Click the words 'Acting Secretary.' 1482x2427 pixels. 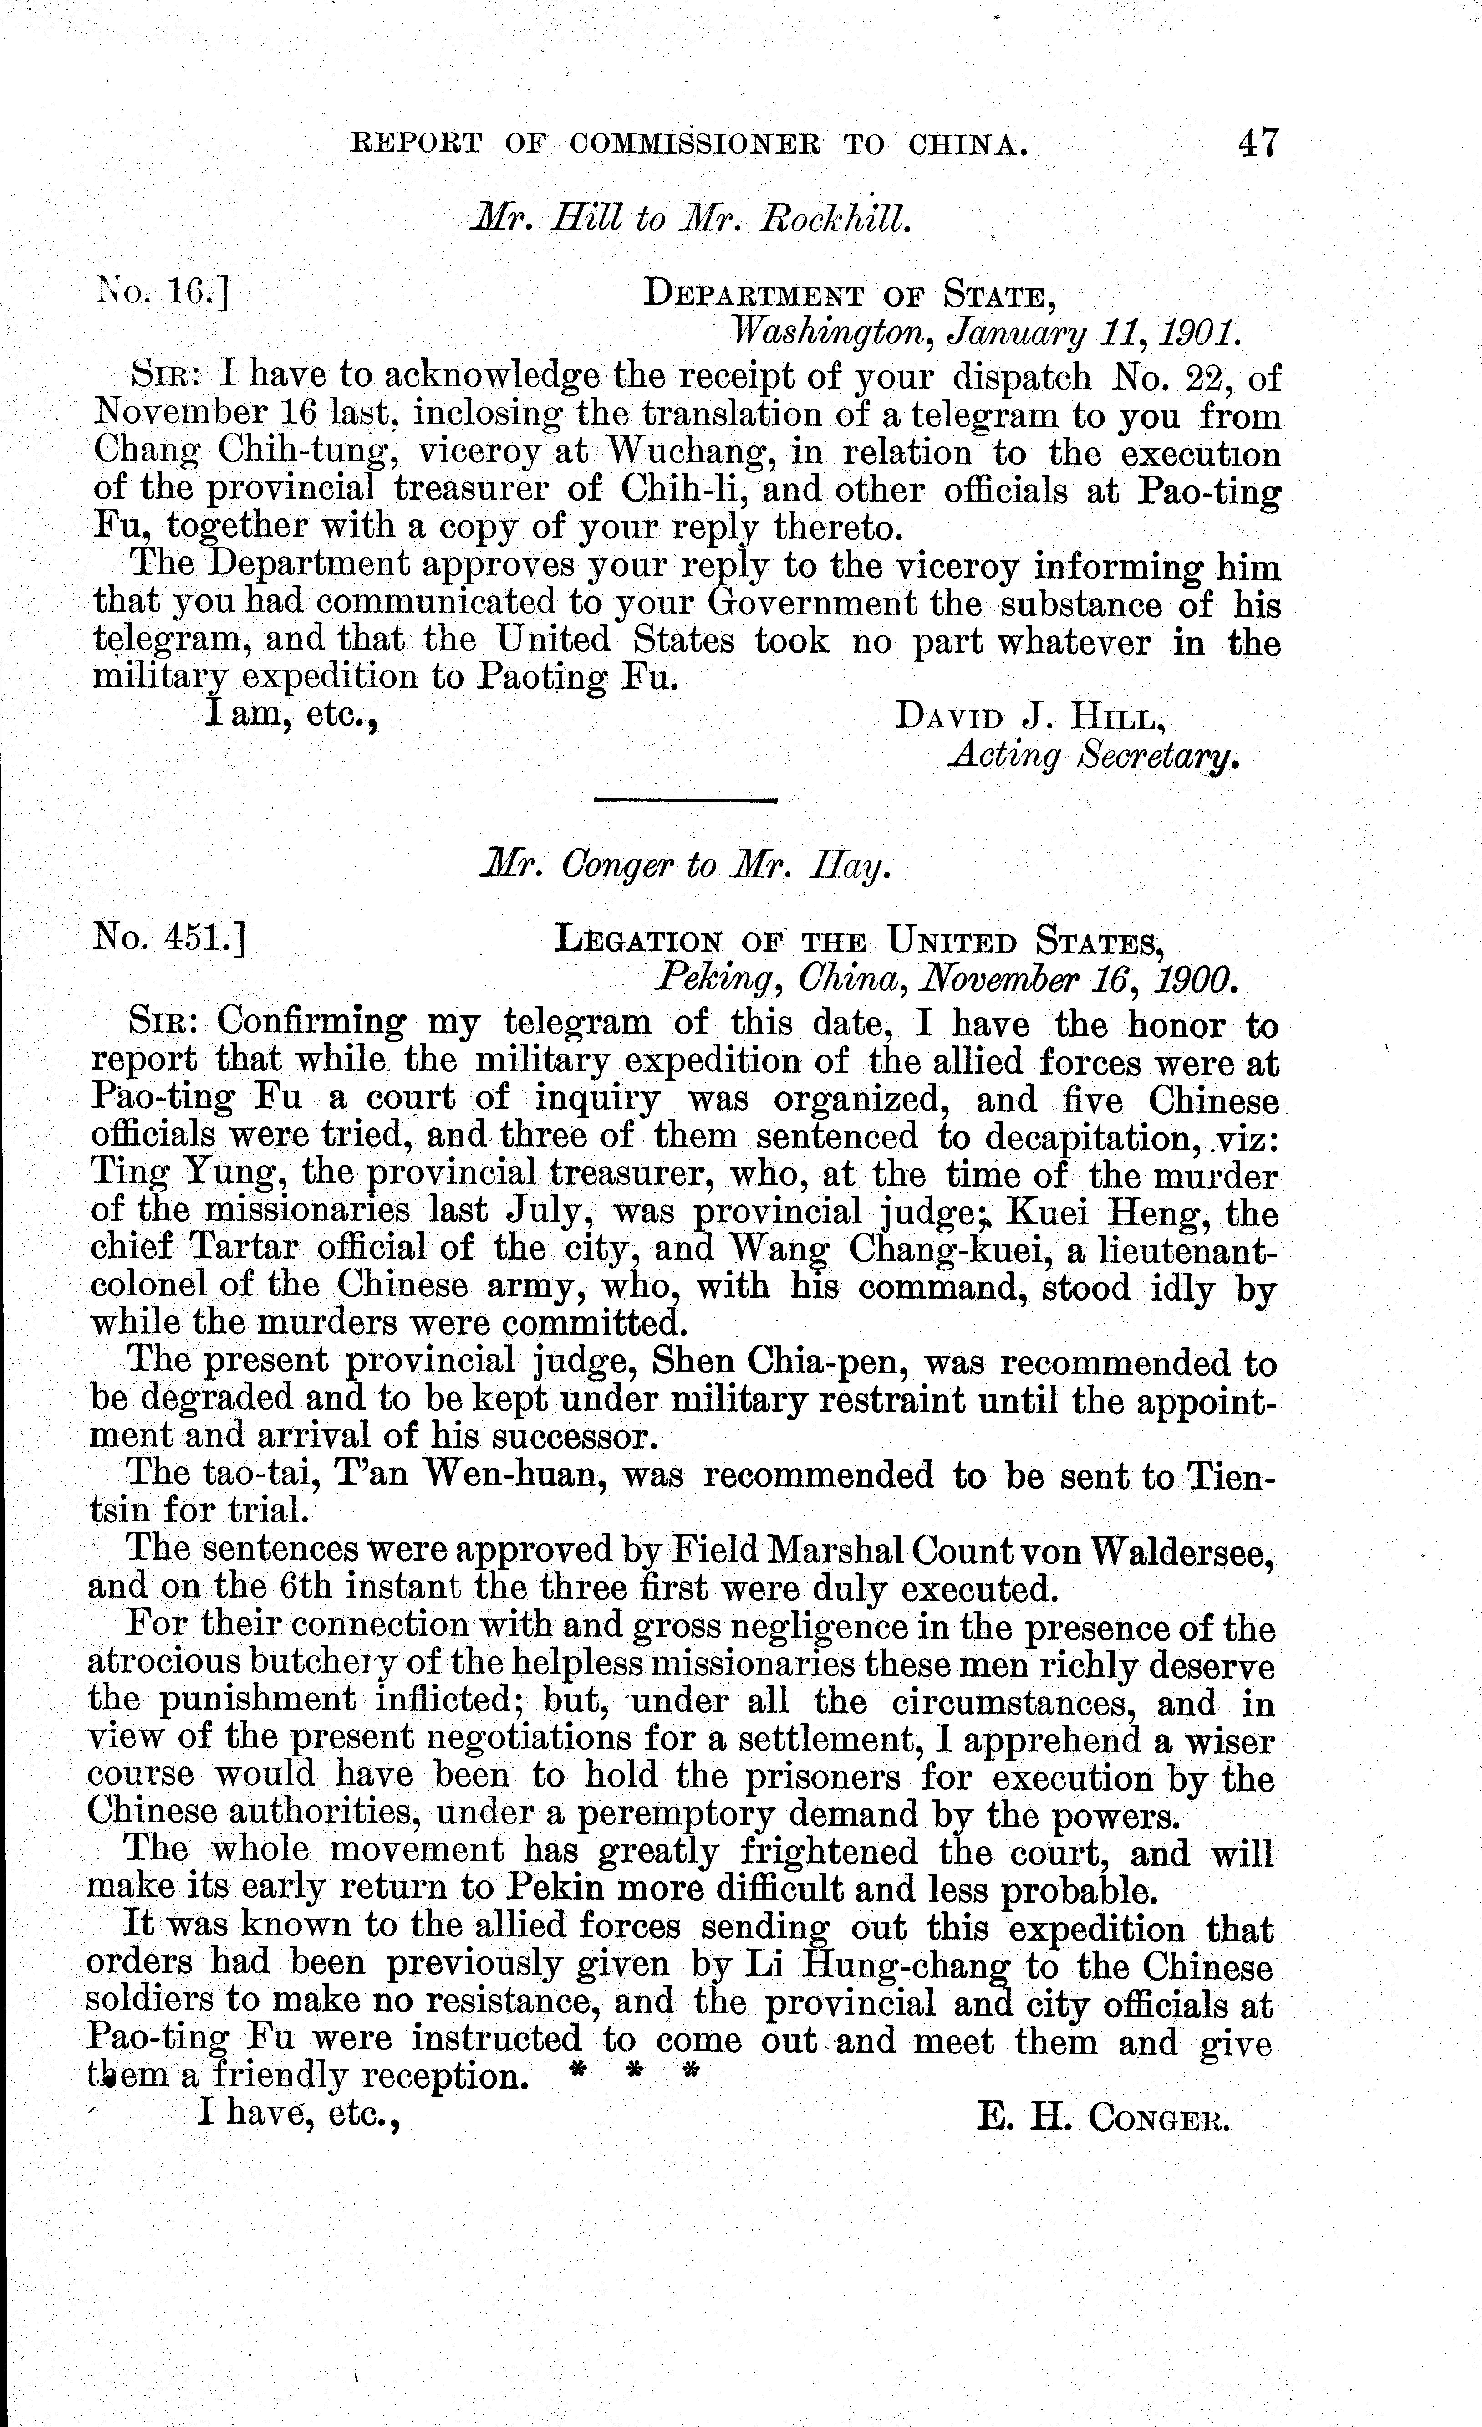1091,757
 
